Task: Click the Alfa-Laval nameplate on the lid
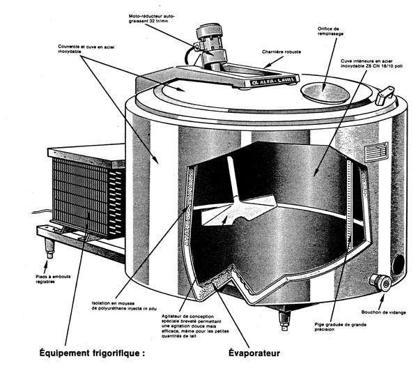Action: (261, 83)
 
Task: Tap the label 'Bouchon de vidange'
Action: (380, 312)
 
